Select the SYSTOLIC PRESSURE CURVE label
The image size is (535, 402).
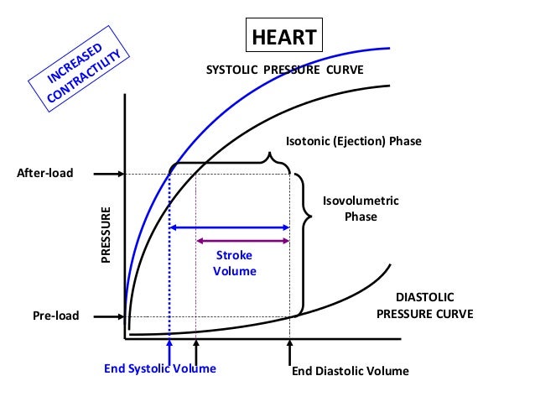click(x=285, y=70)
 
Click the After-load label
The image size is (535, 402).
click(x=45, y=174)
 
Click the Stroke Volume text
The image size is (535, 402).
click(x=236, y=263)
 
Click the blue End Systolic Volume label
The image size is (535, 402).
click(x=160, y=368)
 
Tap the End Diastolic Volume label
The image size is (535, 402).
click(x=350, y=370)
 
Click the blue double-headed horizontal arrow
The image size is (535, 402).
click(x=230, y=227)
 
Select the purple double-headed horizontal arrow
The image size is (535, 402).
click(x=242, y=241)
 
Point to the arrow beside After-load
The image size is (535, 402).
click(x=108, y=174)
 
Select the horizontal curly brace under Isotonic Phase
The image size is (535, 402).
click(x=232, y=159)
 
